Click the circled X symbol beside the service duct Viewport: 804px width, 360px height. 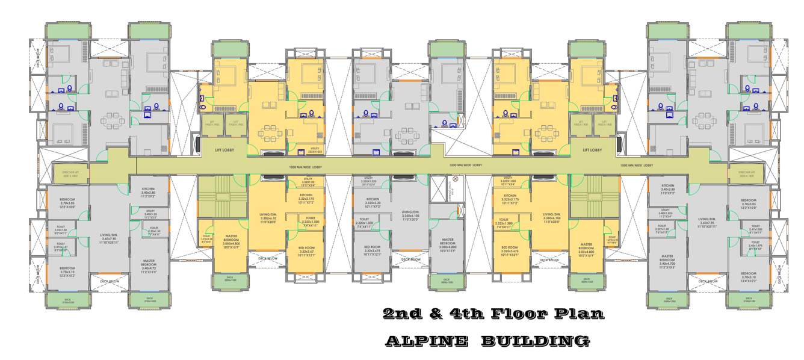455,179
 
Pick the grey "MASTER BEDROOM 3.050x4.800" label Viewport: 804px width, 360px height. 446,243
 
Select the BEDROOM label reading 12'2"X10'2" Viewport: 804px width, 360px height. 67,270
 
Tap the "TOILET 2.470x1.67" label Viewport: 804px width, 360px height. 61,246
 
